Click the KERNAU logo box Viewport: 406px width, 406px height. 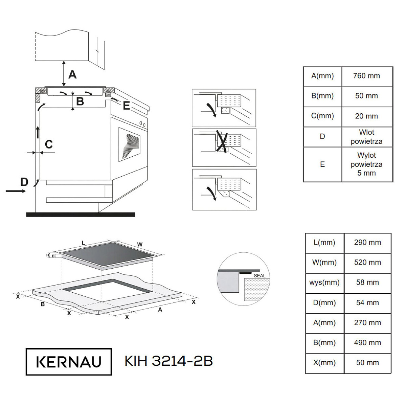[x=69, y=362]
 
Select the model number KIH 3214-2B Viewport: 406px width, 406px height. [x=168, y=361]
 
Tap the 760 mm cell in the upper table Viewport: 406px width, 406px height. [x=367, y=76]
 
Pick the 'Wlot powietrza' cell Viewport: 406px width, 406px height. [x=367, y=137]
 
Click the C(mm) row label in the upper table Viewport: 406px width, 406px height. [x=322, y=116]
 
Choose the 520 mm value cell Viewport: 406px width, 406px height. [x=367, y=263]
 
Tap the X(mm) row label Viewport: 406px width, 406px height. [x=324, y=363]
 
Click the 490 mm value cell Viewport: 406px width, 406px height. [x=367, y=343]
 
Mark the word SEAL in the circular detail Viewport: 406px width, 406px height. [x=260, y=276]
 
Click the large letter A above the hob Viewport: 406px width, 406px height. [x=72, y=74]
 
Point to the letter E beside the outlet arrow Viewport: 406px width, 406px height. [x=126, y=105]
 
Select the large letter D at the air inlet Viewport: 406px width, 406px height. [x=24, y=182]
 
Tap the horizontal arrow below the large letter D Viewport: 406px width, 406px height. [x=16, y=191]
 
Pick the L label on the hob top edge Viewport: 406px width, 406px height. [x=84, y=243]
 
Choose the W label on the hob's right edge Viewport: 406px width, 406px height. [x=140, y=244]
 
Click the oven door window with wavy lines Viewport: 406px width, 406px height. [x=129, y=144]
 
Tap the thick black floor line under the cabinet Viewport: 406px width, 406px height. [x=81, y=215]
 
